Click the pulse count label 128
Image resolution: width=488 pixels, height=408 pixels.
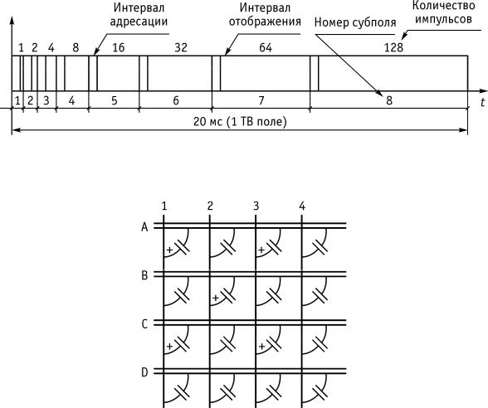tap(393, 47)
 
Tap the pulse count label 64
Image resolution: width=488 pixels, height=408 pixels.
tap(266, 47)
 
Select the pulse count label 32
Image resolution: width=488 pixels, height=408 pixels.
tap(181, 47)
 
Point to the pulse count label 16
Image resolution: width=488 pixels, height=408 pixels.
tap(118, 47)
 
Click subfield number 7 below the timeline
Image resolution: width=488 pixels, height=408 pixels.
tap(261, 100)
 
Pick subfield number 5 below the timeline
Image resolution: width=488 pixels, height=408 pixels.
tap(115, 100)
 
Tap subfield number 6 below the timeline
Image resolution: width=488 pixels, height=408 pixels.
tap(176, 100)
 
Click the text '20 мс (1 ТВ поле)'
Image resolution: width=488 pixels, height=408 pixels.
tap(240, 121)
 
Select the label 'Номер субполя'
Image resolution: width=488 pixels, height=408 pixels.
tap(355, 22)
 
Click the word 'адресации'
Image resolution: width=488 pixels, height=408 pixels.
tap(139, 22)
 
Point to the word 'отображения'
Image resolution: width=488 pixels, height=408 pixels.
tap(265, 22)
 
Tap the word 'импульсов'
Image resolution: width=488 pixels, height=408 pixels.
tap(443, 19)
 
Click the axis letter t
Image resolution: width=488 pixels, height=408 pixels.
tap(483, 102)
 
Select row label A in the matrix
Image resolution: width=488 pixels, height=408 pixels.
tap(144, 227)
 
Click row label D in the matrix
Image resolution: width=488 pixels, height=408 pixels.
tap(144, 372)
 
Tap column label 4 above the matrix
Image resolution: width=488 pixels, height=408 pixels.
tap(302, 206)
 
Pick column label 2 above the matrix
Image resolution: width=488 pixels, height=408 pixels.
tap(210, 206)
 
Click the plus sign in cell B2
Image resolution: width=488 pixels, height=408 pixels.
tap(216, 298)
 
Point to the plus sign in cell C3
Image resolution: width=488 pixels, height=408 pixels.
tap(261, 346)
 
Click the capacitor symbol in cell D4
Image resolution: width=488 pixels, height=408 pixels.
tap(320, 391)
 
